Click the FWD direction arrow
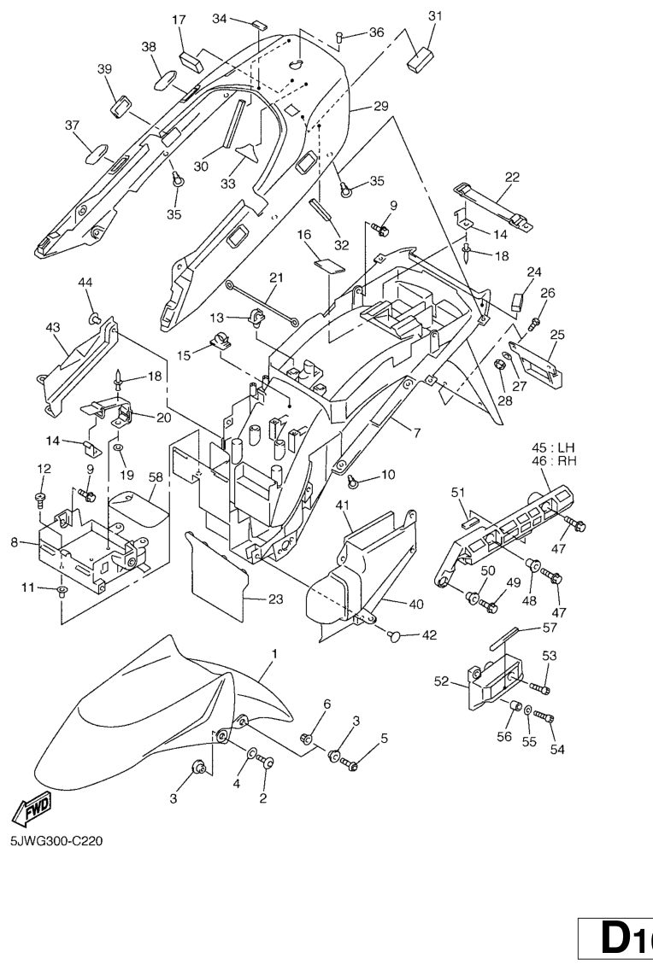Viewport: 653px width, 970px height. (32, 808)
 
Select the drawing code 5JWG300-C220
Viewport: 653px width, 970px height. (56, 841)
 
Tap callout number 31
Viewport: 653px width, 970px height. (435, 16)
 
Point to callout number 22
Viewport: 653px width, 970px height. (512, 177)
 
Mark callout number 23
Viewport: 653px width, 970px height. (275, 599)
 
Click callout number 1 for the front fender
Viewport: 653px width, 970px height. (275, 653)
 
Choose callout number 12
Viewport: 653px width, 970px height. (44, 468)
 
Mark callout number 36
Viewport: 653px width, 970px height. (377, 32)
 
